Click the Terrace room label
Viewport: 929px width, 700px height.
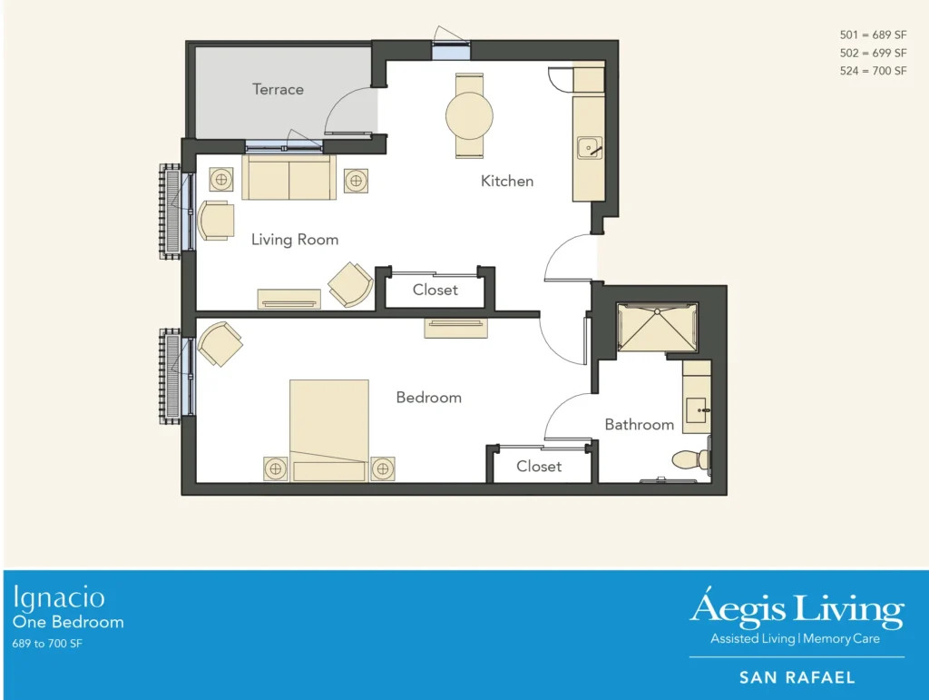click(278, 89)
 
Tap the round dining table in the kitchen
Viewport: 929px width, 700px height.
click(469, 115)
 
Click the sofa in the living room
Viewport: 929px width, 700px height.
click(288, 177)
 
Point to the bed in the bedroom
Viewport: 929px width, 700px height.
click(328, 429)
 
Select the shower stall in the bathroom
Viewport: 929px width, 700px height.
click(657, 328)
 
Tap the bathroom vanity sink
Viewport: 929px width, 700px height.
click(697, 408)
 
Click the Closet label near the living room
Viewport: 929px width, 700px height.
click(435, 290)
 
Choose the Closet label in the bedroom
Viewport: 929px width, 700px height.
click(539, 466)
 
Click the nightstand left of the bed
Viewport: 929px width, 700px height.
click(276, 468)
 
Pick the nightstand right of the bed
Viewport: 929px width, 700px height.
click(382, 468)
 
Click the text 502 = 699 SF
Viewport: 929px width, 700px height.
click(873, 53)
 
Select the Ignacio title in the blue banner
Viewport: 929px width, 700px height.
click(59, 597)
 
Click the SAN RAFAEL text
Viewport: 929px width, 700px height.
click(797, 677)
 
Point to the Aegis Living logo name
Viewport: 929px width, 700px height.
click(797, 608)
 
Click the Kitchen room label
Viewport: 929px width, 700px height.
click(507, 181)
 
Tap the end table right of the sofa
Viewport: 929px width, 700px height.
click(355, 182)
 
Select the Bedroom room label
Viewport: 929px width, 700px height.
click(428, 397)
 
